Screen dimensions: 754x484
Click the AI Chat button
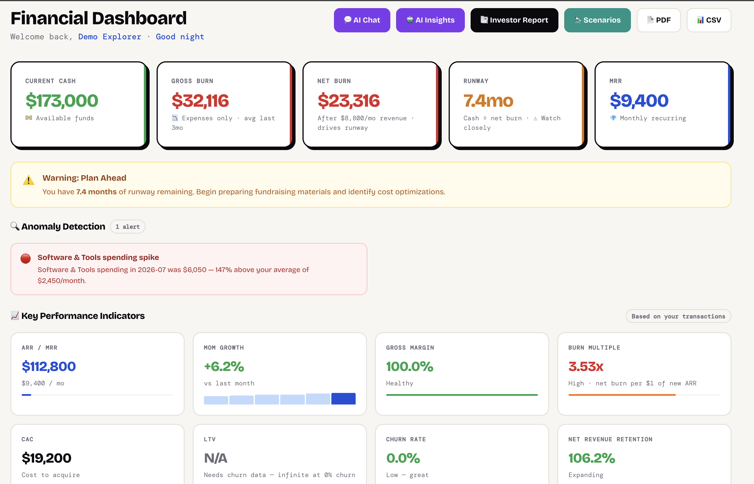362,20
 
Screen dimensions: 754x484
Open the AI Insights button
430,20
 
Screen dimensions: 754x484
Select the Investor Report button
514,20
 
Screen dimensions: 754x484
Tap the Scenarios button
597,20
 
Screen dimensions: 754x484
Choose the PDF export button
659,20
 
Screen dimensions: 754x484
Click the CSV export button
709,20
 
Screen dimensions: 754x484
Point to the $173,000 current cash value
62,101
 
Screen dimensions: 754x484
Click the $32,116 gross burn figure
200,101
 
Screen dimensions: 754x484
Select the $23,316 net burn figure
349,101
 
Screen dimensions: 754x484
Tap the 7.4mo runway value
488,101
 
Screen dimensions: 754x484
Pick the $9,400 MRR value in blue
639,101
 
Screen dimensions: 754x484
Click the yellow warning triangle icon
29,180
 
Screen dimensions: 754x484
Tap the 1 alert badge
127,227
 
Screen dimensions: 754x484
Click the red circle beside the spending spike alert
26,259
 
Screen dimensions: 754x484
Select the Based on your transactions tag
678,316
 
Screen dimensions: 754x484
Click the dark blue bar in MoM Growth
343,398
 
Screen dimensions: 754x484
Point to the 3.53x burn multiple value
586,366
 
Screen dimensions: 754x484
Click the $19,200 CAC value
47,458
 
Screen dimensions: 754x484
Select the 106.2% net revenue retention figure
592,458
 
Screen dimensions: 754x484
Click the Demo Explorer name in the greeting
109,37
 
